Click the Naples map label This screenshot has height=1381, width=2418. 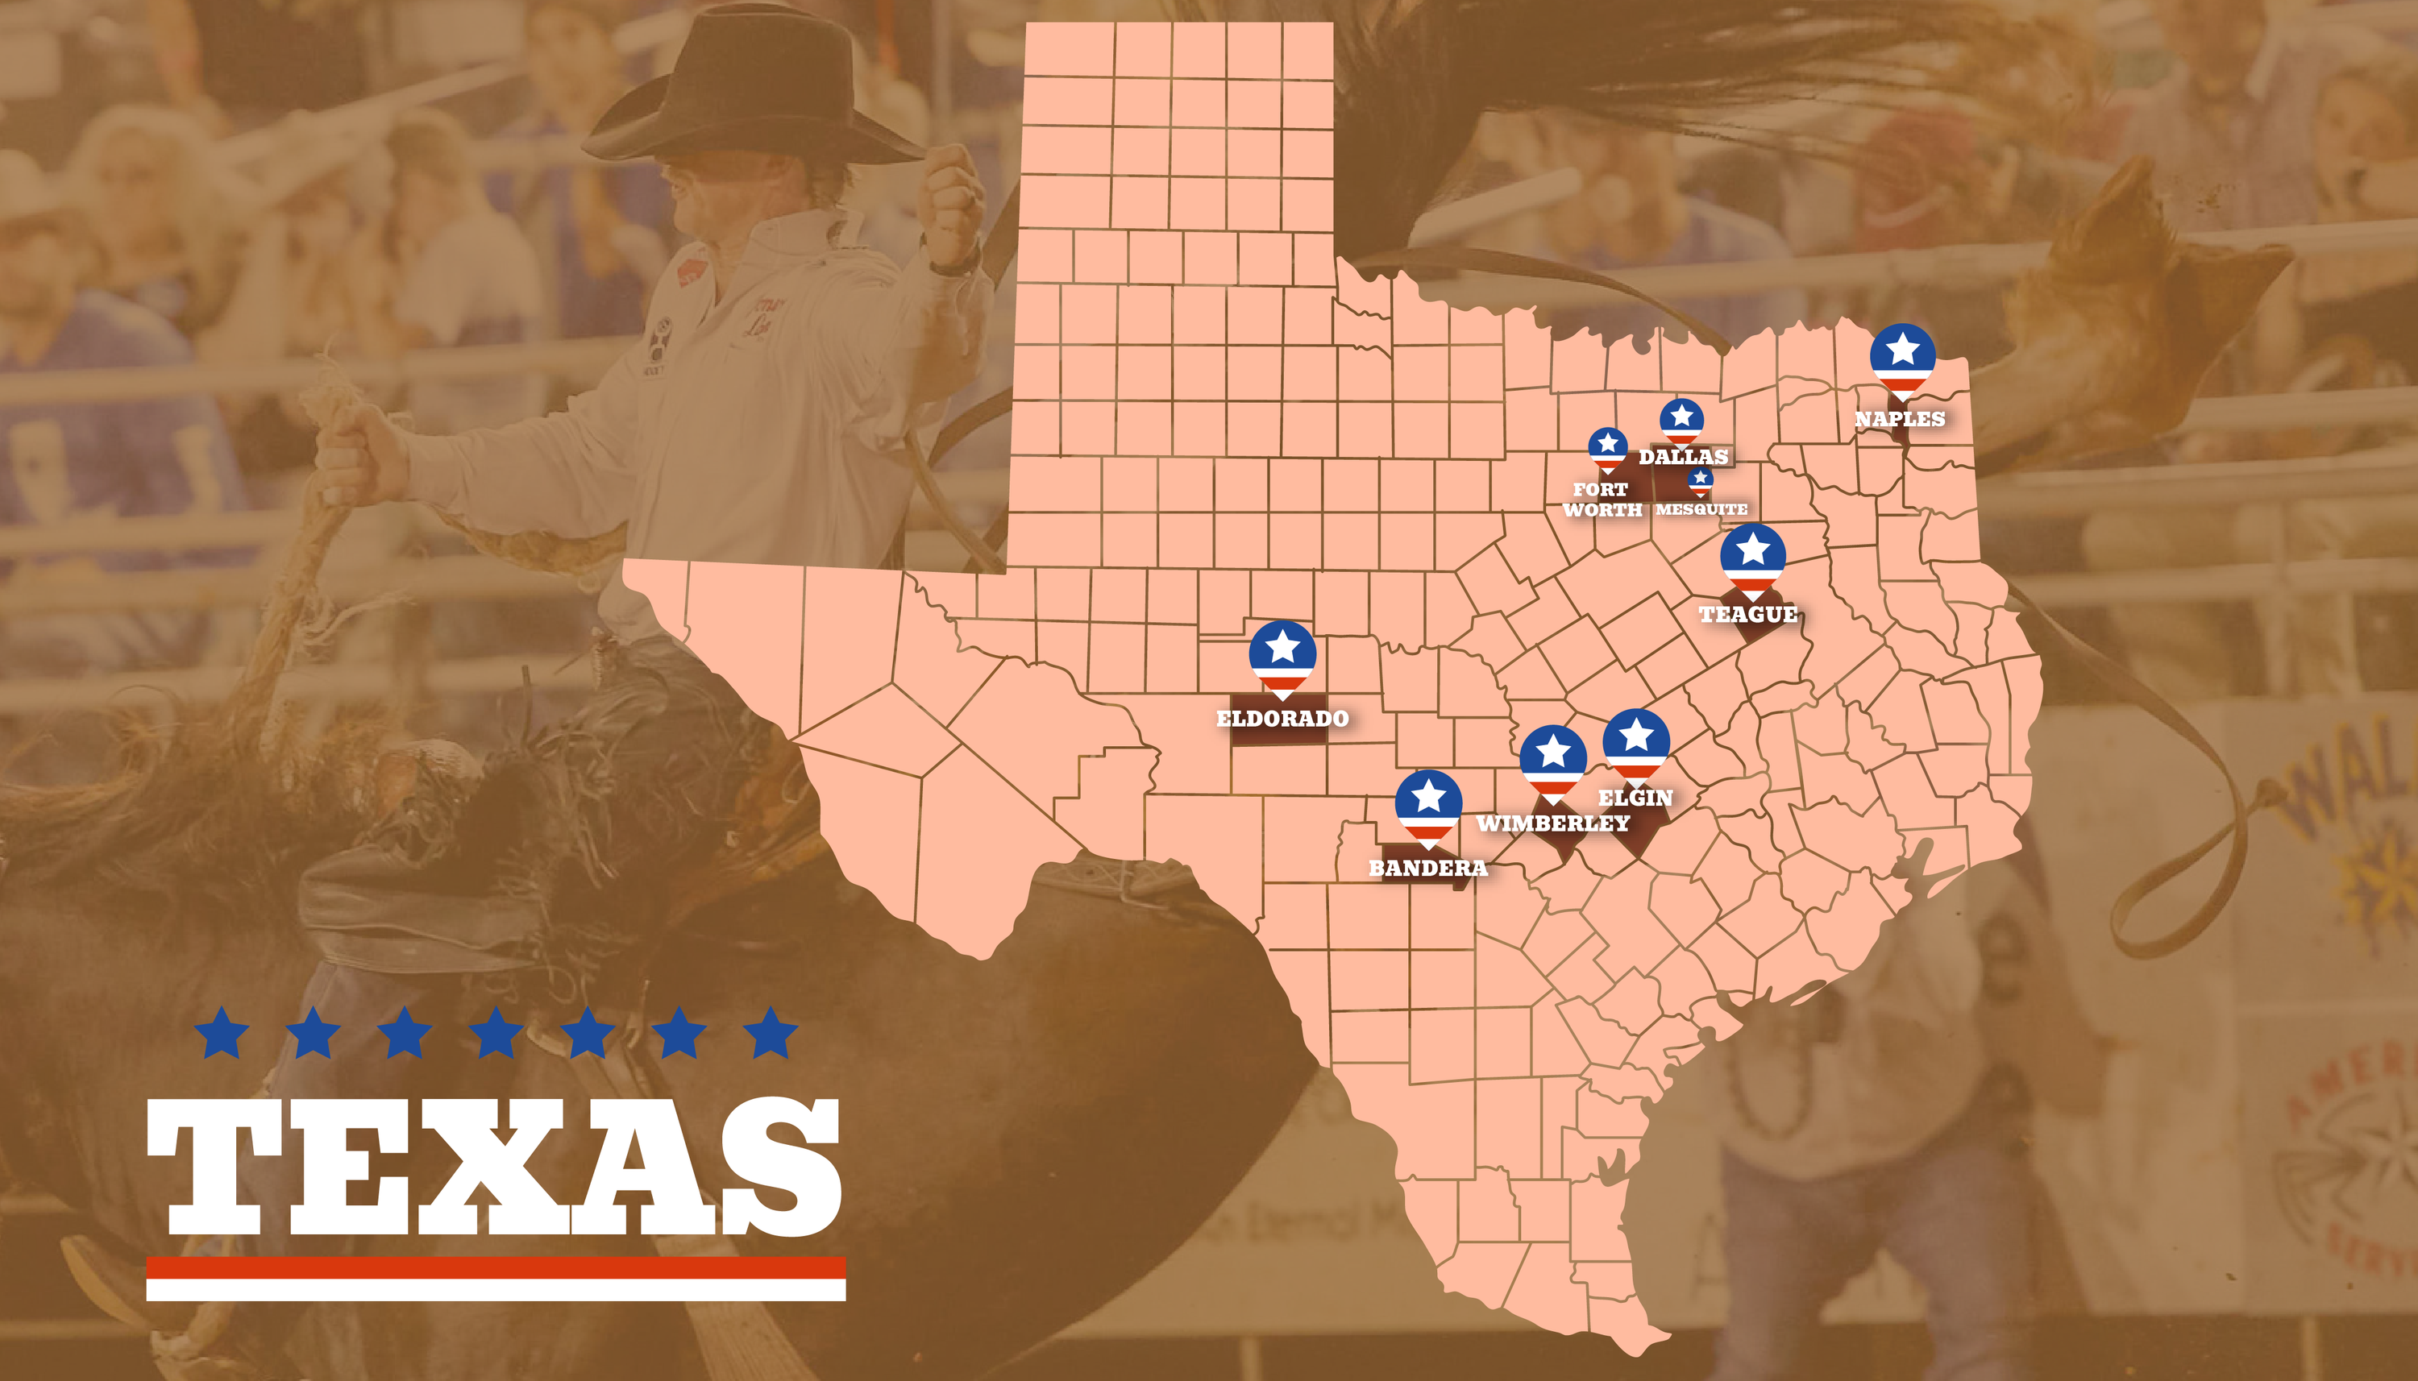pos(1899,418)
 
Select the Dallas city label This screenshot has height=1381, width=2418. pos(1683,456)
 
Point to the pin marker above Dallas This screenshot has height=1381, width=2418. pos(1682,420)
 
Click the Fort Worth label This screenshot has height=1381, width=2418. pos(1602,499)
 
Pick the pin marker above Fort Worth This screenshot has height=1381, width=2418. pos(1608,448)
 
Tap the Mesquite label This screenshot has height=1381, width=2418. pos(1701,509)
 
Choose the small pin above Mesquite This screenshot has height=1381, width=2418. pos(1701,481)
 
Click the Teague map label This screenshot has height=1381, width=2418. pos(1748,615)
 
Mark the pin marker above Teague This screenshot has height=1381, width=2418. pos(1753,557)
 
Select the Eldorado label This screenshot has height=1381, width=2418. pos(1282,718)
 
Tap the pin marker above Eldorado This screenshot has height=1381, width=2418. pos(1282,655)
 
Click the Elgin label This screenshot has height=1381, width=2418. pos(1635,798)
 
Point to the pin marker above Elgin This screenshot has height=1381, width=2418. pos(1636,743)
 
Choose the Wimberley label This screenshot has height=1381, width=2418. pos(1553,823)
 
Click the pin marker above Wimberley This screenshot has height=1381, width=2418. pos(1553,760)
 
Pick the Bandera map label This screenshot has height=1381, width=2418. pos(1427,868)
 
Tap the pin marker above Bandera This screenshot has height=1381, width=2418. pos(1428,804)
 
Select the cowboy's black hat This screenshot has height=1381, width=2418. pos(750,90)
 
